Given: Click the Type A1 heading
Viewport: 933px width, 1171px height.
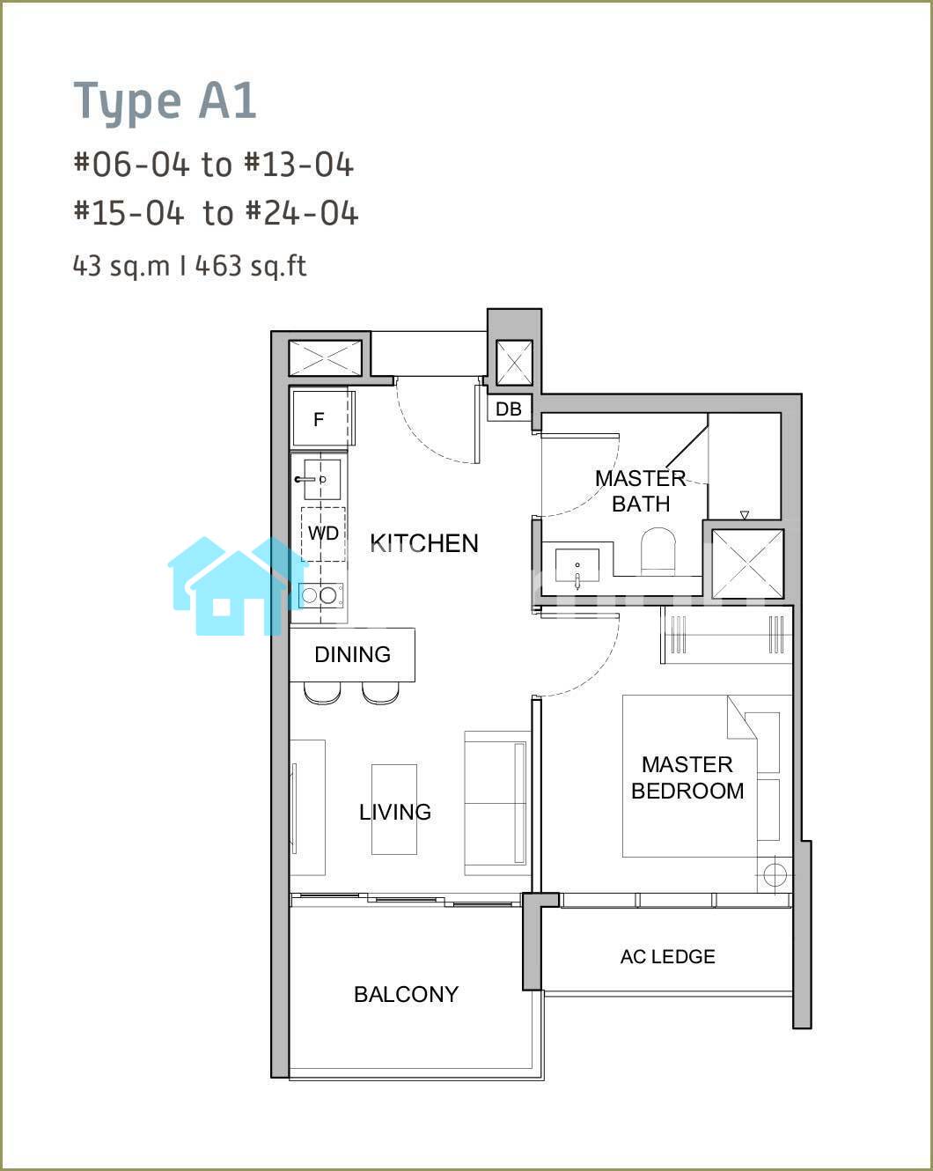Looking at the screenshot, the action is click(165, 102).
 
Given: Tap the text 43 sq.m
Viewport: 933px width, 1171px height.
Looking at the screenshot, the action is click(121, 266).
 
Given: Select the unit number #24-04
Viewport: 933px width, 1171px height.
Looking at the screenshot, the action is click(302, 213).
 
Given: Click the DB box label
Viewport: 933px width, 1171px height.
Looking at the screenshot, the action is click(509, 409).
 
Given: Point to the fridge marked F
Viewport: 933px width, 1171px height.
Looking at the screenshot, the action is click(320, 419).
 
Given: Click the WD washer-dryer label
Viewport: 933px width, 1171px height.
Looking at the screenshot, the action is click(323, 534).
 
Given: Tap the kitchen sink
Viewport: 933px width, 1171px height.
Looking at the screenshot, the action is click(321, 479).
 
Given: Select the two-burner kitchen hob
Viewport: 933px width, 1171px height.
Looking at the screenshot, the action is click(320, 595).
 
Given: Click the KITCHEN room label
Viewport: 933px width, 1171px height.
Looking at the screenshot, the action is click(424, 543).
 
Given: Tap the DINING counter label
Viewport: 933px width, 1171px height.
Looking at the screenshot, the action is click(353, 654).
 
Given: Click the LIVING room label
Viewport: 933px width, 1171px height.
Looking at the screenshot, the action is click(395, 812).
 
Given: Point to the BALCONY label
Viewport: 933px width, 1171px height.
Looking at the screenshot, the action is click(407, 994).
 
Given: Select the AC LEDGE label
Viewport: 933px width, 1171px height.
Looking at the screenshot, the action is click(667, 956).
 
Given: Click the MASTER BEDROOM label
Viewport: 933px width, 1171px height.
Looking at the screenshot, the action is click(687, 777).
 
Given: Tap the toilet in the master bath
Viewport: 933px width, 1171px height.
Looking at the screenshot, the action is click(658, 550).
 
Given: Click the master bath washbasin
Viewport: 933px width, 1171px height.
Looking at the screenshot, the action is click(577, 566).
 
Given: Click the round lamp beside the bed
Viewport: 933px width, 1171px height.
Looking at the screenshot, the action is click(775, 874).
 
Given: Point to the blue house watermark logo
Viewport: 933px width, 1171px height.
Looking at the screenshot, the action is click(238, 585).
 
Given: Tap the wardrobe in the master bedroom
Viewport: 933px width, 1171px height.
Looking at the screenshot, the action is click(726, 635).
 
